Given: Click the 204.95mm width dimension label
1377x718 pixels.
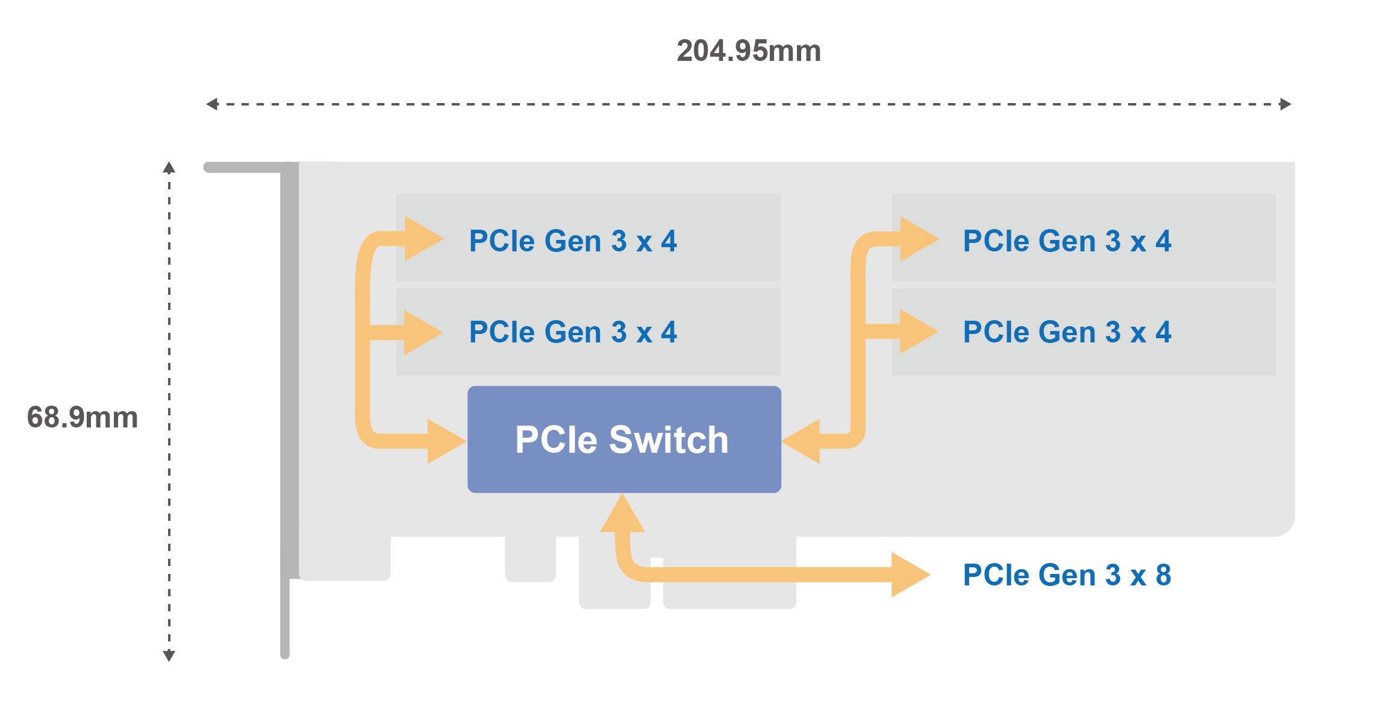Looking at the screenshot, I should coord(749,51).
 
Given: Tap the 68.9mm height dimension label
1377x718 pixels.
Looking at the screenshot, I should coord(83,417).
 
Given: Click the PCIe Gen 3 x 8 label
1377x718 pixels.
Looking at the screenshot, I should coord(1067,575).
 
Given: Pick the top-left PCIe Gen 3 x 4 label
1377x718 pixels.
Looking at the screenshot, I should coord(573,241).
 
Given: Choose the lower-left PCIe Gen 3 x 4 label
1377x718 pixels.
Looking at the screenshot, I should coord(573,332).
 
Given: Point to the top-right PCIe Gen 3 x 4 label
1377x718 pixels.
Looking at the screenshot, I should coord(1067,241).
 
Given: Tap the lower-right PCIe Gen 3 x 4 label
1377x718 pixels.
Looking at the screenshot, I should coord(1067,332).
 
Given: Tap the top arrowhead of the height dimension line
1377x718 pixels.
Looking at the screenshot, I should coord(169,168).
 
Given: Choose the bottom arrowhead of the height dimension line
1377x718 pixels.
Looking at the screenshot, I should coord(169,655).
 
